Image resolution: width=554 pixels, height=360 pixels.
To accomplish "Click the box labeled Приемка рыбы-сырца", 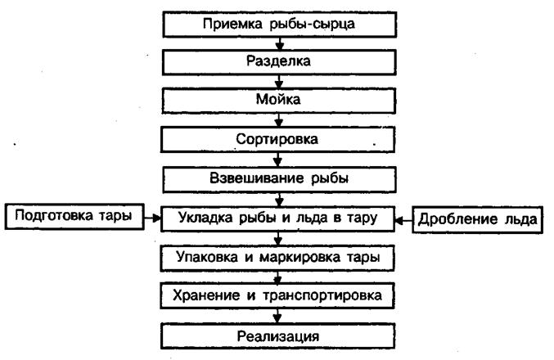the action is coord(280,25).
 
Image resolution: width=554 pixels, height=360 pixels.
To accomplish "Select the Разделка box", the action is coord(279,62).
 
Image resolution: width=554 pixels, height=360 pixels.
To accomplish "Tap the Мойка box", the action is coord(279,101).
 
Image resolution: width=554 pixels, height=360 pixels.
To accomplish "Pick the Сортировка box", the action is coord(278,140).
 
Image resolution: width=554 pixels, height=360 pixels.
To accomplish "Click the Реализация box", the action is coord(277,336).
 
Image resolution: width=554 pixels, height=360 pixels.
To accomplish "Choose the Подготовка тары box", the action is coord(74,216).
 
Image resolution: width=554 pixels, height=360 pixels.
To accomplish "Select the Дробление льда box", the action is coord(477,220).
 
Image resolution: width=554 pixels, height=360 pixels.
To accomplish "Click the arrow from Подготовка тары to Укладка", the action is coord(153,218).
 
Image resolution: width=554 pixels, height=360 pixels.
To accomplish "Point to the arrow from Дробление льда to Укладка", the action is coord(403,220).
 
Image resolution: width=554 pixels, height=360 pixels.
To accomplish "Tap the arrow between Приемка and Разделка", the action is coord(280,43).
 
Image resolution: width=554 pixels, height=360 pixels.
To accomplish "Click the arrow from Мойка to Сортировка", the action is coord(279,120).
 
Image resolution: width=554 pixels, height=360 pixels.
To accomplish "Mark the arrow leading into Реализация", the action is coord(277,316).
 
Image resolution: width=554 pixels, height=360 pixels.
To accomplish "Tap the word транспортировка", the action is coord(322,295).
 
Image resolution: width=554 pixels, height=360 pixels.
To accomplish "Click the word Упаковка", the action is coord(207,257).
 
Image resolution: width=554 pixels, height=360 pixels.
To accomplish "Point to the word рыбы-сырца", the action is coord(312,24).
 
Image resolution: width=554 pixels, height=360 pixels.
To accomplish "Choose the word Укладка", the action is coord(205,218).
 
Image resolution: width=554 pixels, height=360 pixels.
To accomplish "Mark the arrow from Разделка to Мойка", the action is coord(279,82).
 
